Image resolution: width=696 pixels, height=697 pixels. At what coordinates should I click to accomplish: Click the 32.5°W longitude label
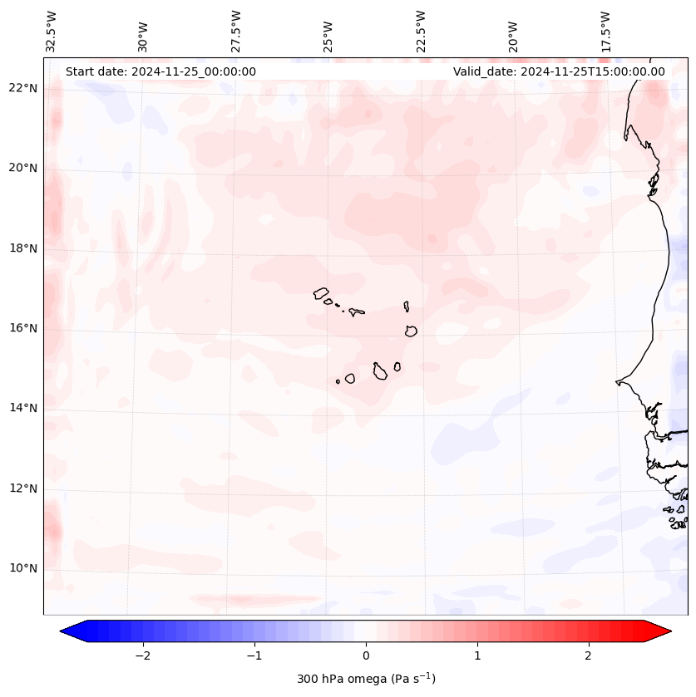point(52,32)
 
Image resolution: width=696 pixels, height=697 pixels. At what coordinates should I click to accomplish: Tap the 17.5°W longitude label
point(606,32)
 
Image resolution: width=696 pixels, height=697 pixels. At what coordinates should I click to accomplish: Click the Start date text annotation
point(160,71)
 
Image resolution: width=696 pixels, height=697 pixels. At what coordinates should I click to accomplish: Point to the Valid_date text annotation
point(559,71)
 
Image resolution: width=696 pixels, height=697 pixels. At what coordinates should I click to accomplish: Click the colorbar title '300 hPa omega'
point(366,679)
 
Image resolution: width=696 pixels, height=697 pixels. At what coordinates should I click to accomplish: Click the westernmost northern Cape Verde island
point(321,293)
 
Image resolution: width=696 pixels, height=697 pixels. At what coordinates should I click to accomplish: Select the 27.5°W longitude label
point(237,32)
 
